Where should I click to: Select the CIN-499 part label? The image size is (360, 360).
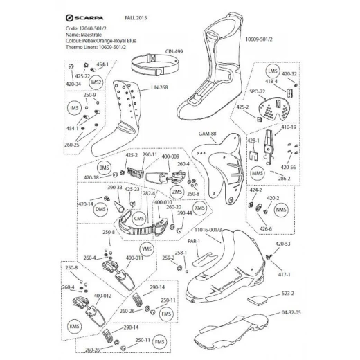tap(174, 51)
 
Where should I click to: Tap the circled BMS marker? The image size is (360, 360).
tap(105, 168)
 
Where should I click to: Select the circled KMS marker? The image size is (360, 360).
tap(74, 325)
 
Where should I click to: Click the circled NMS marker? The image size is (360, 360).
tap(280, 208)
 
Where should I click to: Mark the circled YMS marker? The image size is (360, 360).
tap(146, 249)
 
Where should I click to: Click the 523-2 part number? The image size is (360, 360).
tap(289, 294)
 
